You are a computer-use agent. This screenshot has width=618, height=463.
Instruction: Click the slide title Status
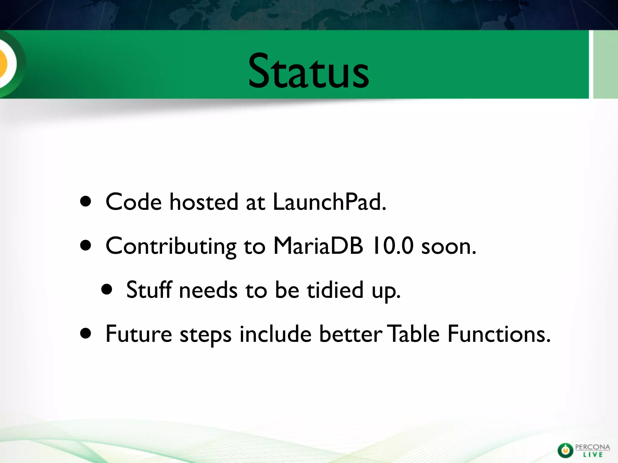308,71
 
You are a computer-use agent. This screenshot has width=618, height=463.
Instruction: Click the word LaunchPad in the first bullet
329,202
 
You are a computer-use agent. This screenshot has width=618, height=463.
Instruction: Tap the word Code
134,202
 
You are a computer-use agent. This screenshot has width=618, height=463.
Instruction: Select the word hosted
204,202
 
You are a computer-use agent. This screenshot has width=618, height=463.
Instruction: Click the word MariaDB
318,246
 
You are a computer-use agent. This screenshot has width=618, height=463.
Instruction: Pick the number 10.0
393,246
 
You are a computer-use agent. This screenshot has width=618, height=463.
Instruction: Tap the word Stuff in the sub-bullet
149,290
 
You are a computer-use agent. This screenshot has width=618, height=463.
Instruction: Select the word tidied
335,290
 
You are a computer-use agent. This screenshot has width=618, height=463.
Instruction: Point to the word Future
139,334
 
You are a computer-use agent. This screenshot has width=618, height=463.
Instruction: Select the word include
275,334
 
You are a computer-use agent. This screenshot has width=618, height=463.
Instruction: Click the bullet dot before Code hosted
86,202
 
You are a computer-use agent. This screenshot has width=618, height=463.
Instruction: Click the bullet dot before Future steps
86,334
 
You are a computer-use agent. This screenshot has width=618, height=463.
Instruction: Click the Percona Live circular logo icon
565,450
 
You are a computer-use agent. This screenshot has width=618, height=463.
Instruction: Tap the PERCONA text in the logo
592,447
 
